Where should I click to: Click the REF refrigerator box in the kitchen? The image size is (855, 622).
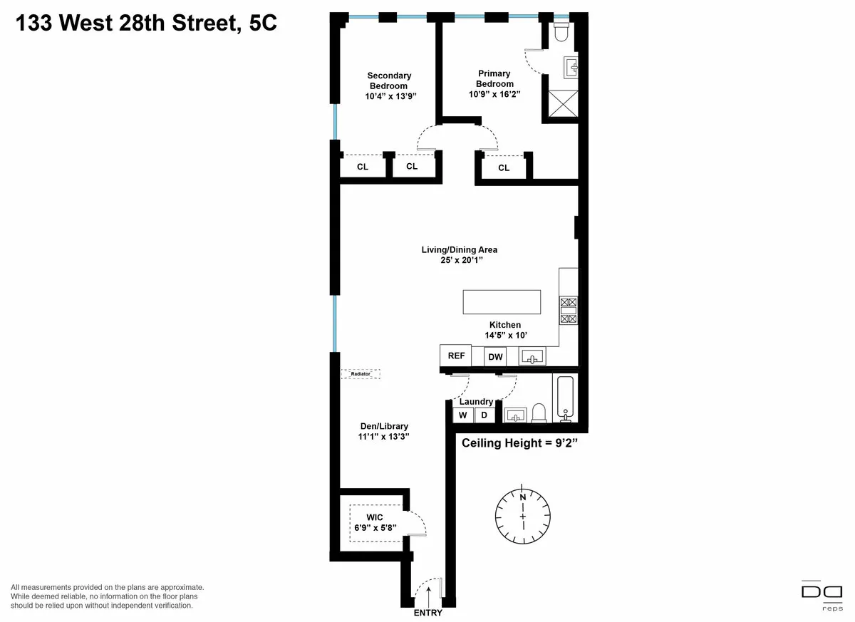[456, 356]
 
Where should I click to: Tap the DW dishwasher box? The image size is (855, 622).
[495, 357]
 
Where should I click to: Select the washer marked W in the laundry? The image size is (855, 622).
[462, 415]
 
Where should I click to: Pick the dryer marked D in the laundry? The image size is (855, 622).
[484, 415]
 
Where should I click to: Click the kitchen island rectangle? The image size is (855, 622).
[502, 302]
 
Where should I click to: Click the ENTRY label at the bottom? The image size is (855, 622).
[427, 613]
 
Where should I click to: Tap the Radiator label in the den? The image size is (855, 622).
[361, 373]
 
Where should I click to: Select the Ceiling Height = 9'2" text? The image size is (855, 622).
[519, 443]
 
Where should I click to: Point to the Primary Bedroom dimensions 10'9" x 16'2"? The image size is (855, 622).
[494, 94]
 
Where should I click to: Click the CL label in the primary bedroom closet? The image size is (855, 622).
[504, 168]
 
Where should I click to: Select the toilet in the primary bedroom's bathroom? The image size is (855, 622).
[560, 32]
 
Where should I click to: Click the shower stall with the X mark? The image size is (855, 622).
[561, 103]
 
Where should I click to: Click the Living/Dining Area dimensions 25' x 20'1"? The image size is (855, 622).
[459, 260]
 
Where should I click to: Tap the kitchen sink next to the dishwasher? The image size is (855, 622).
[532, 357]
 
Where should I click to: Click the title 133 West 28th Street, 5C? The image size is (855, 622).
[145, 24]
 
